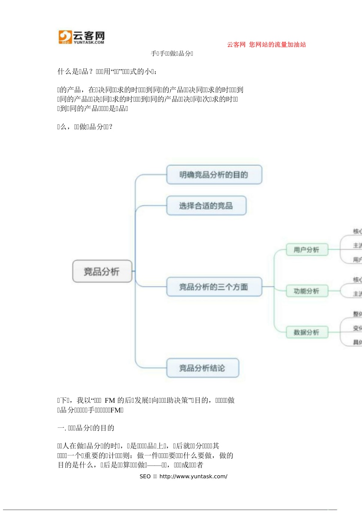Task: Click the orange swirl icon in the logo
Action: [65, 36]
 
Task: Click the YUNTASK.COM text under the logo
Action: [89, 43]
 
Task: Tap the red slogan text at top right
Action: [266, 44]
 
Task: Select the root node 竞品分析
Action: [102, 271]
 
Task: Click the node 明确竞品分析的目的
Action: [214, 174]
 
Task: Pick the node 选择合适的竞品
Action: [206, 205]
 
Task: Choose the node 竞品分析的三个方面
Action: [214, 287]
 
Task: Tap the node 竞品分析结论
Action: [202, 368]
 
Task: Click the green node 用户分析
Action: [307, 250]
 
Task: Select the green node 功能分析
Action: [307, 291]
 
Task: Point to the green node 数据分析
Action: [307, 332]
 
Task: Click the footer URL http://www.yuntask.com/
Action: [193, 476]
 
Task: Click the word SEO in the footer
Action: [145, 476]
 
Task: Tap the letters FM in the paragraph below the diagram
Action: [110, 400]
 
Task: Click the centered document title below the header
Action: [172, 53]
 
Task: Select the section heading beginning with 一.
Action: [86, 428]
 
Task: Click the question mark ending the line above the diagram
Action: [111, 127]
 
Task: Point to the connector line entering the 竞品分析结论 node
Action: [152, 368]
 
